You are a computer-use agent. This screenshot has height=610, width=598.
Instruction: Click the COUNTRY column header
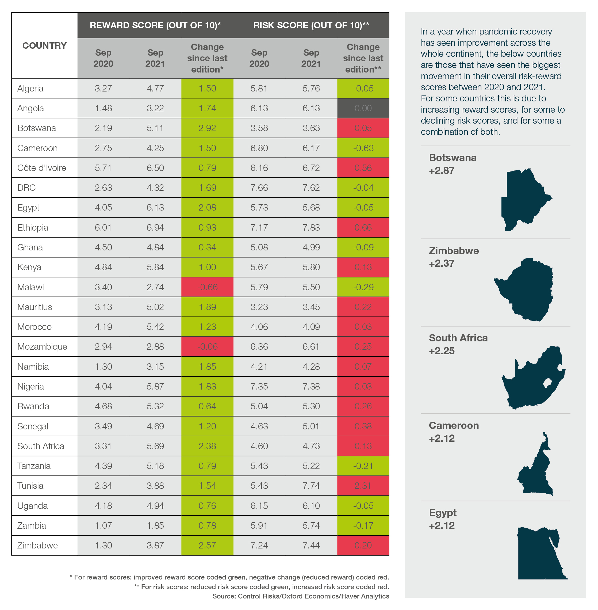(44, 45)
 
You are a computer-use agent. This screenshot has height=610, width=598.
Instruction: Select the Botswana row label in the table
(36, 128)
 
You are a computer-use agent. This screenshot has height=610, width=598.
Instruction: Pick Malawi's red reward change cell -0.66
(207, 287)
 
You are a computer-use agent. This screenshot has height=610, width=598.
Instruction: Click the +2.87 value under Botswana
(442, 171)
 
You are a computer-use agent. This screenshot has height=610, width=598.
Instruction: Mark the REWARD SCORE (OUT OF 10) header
(155, 25)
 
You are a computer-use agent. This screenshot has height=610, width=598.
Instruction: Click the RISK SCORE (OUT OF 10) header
(311, 25)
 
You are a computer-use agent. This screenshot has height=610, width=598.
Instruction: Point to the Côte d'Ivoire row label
(41, 168)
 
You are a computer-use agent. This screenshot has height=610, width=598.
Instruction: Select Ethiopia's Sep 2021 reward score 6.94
(155, 227)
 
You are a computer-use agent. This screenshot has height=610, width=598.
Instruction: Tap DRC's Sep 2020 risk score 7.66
(259, 188)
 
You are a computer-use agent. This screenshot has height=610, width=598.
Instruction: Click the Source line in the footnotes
(300, 596)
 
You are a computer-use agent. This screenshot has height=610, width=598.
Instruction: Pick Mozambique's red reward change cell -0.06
(207, 347)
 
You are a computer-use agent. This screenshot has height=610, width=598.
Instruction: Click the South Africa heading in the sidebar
(458, 338)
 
